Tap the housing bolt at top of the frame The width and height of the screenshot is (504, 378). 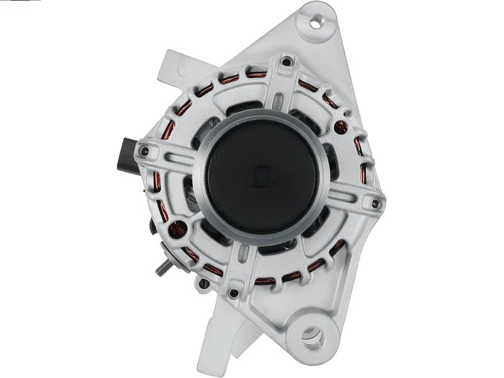tap(287, 61)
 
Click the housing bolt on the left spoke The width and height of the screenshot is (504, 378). tap(146, 151)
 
